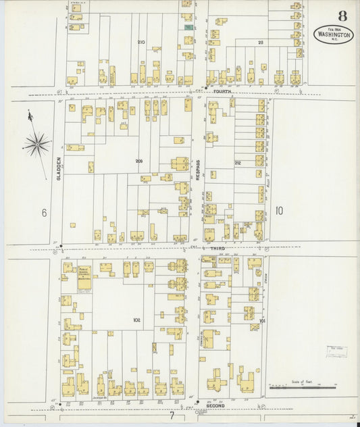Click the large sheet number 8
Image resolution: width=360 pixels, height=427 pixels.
tap(343, 16)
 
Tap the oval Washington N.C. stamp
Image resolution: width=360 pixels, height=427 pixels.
tap(334, 34)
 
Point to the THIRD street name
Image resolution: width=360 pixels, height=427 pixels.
tap(217, 249)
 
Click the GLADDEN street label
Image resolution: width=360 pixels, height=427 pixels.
tap(59, 168)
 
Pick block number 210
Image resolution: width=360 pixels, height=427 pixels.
tap(141, 42)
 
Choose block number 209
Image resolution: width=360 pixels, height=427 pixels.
tap(139, 161)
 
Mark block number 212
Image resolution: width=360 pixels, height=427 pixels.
tap(238, 163)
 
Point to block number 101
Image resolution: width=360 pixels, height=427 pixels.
tap(262, 321)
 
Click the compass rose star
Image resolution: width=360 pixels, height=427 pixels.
tap(37, 143)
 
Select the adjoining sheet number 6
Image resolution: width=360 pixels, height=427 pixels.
tap(44, 213)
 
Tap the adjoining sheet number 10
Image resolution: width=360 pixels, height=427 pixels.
tap(279, 211)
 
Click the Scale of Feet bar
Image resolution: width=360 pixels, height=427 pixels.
tap(302, 388)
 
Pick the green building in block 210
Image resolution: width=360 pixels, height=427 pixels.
tap(188, 27)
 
